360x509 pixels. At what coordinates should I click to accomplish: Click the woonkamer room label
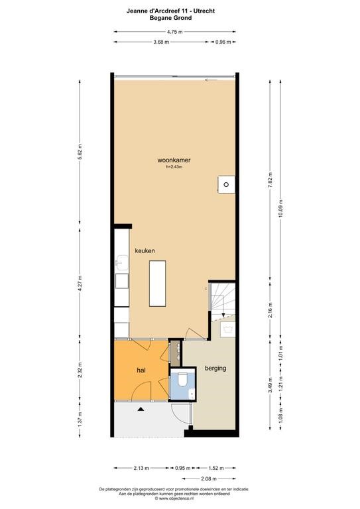(174, 160)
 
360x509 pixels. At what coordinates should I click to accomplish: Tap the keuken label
(145, 251)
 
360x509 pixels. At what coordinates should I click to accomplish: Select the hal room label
(141, 370)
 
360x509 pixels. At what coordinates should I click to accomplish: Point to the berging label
(215, 368)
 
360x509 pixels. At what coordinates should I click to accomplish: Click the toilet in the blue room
(182, 380)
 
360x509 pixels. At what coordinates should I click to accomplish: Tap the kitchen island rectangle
(157, 284)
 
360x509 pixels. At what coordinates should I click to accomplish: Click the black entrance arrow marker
(141, 410)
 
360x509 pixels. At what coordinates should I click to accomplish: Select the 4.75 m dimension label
(174, 32)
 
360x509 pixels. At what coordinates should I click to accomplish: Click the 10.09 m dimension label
(281, 209)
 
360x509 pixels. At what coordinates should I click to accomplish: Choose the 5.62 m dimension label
(80, 152)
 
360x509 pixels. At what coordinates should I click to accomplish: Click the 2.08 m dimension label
(209, 479)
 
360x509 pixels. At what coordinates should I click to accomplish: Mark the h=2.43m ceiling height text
(174, 167)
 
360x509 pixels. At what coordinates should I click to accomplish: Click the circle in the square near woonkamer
(226, 184)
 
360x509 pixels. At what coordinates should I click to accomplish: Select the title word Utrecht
(204, 11)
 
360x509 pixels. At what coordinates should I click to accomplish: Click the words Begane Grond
(170, 18)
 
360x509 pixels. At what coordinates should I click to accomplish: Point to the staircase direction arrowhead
(223, 315)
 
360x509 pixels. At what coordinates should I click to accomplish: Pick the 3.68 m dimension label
(161, 42)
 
